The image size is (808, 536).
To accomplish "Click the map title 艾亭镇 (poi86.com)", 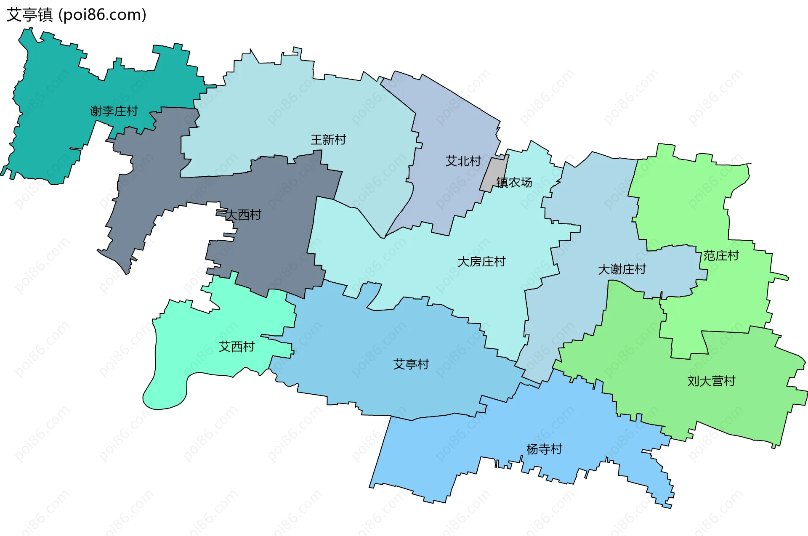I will click(76, 15).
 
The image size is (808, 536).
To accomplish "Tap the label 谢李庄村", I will click(114, 111).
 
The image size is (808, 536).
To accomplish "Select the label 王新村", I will click(328, 140).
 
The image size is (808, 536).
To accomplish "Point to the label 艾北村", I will click(463, 161).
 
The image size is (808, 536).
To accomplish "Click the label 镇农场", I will click(514, 182).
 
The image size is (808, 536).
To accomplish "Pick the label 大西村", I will click(243, 215).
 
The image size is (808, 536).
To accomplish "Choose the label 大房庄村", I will click(481, 262).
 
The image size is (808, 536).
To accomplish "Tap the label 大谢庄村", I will click(622, 269).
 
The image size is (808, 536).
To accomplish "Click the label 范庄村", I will click(721, 255).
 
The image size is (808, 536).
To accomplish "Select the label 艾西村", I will click(237, 347).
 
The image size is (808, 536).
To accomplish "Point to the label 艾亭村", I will click(411, 364).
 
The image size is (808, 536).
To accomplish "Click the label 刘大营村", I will click(711, 381).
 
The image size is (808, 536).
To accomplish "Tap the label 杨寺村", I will click(544, 449).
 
